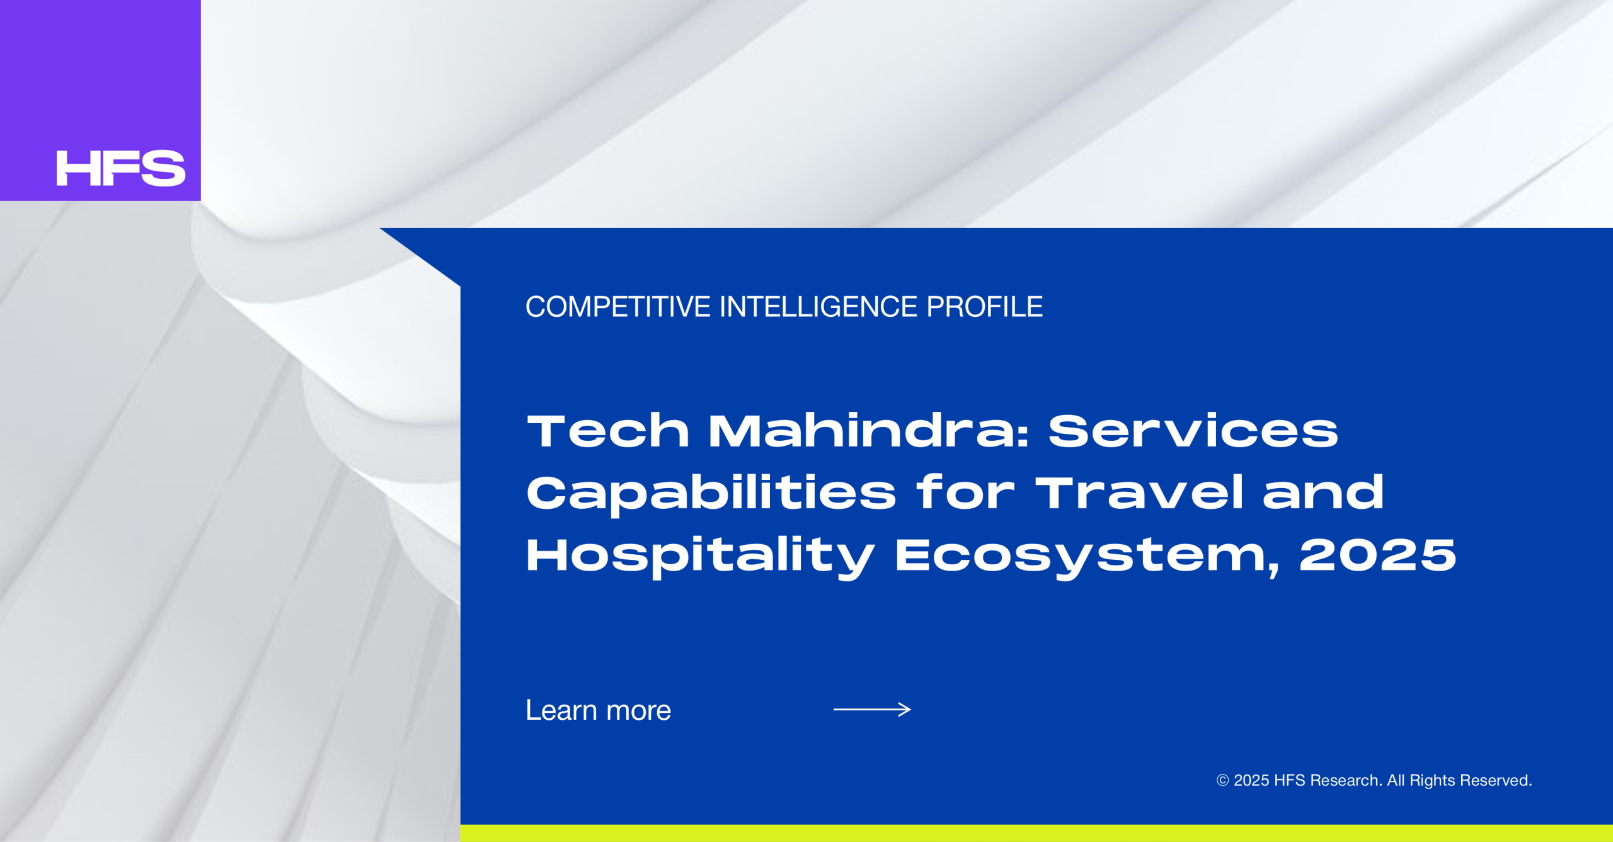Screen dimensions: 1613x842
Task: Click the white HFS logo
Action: pos(121,168)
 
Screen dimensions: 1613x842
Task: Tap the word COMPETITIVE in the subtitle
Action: pos(618,307)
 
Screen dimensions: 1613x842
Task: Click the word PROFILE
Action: pos(984,307)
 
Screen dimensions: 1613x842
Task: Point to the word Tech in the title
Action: pos(608,431)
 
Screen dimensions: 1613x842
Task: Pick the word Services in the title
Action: pos(1193,431)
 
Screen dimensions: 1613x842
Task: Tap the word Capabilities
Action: pos(711,494)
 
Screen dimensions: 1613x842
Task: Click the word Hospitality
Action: pos(701,557)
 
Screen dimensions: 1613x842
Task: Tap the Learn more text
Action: pos(599,710)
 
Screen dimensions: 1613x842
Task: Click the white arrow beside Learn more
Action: pos(872,710)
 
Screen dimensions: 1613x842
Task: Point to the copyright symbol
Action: pos(1222,781)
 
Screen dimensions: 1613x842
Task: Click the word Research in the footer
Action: pos(1346,781)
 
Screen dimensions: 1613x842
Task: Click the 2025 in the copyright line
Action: pos(1251,781)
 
